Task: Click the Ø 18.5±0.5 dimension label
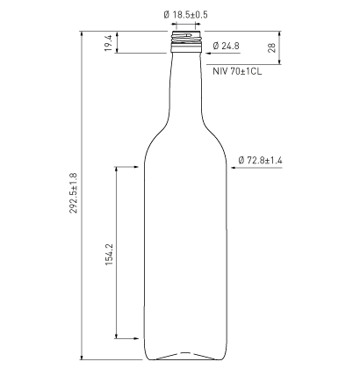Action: pos(186,15)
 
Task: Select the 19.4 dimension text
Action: pos(109,43)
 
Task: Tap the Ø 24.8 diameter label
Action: pos(227,46)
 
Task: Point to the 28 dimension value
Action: pos(272,47)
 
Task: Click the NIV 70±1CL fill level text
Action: pos(237,71)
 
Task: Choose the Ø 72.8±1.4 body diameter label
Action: pos(260,160)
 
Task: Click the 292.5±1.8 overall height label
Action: pos(74,193)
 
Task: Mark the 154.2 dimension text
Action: pos(109,255)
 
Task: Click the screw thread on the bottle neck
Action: pos(186,38)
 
